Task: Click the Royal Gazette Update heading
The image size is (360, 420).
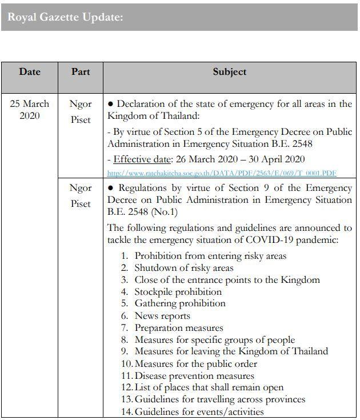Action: tap(65, 17)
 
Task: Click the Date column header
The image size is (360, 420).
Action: tap(30, 72)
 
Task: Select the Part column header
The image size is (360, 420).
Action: tap(81, 72)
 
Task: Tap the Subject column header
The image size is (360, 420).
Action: tap(229, 72)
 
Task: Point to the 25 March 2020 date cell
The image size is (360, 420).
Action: tap(30, 110)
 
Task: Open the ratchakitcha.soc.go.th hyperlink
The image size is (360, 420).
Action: tap(222, 173)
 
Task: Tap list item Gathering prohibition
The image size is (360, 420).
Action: tap(180, 303)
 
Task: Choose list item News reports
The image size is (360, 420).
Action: tap(162, 315)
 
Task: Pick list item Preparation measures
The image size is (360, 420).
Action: tap(179, 328)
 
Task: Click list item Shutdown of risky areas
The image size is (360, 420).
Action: tap(184, 267)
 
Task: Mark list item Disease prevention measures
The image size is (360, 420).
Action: tap(194, 376)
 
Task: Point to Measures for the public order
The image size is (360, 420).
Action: tap(196, 364)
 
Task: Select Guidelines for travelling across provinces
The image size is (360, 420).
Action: tap(220, 399)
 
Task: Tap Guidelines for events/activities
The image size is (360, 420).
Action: tap(199, 411)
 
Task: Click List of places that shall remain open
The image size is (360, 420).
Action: tap(209, 387)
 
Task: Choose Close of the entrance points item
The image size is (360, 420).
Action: tap(227, 279)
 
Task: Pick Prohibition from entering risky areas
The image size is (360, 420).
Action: tap(210, 255)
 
